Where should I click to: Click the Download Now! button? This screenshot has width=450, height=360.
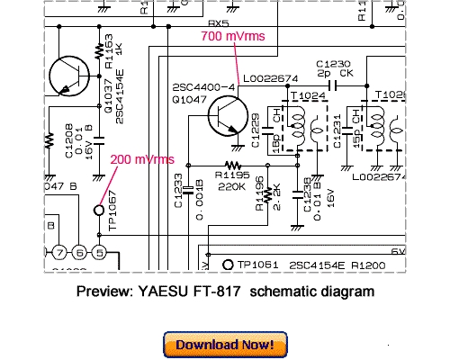tap(225, 345)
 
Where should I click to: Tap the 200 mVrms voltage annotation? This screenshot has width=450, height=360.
tap(142, 159)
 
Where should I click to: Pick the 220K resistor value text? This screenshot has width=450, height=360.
tap(233, 186)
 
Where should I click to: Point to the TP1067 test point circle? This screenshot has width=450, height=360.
tap(99, 211)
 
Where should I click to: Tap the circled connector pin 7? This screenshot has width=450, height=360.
tap(60, 251)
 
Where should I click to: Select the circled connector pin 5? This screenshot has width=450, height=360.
tap(100, 251)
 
